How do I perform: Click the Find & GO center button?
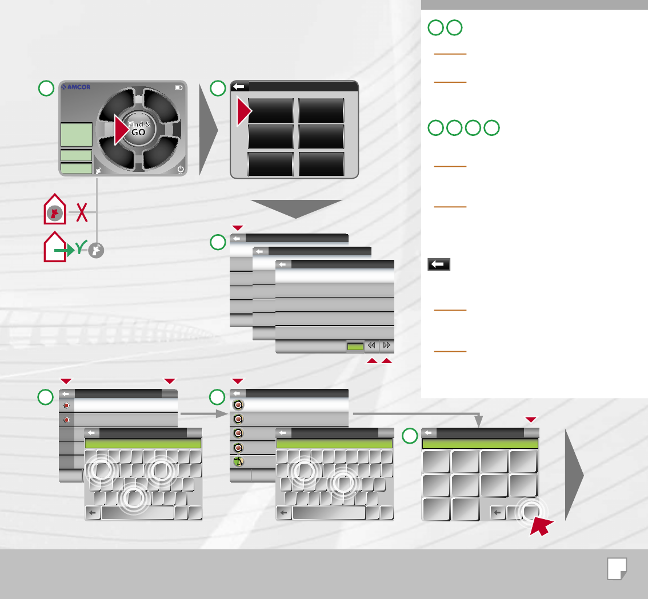[136, 128]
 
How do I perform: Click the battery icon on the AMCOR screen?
[179, 87]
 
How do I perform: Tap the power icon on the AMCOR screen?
[181, 169]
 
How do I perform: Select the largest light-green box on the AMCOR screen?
[76, 134]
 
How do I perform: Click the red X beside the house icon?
[82, 212]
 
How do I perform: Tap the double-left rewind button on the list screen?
[371, 346]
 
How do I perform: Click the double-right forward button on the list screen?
[387, 346]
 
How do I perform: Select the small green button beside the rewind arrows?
[355, 346]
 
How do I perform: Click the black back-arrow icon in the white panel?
[438, 264]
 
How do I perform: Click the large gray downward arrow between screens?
[297, 209]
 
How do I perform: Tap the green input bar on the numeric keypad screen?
[480, 444]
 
